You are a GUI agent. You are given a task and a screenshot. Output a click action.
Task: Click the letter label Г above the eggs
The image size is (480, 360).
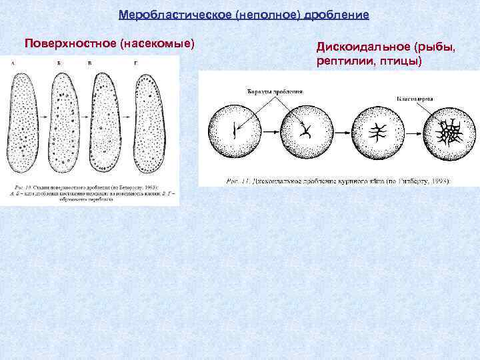(x=136, y=63)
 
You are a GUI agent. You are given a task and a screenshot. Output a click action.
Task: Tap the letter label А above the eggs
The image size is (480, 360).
(x=13, y=63)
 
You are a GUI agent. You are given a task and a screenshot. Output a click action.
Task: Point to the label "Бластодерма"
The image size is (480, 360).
(x=415, y=97)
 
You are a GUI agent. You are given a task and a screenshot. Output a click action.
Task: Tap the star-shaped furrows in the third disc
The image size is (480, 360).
(x=378, y=131)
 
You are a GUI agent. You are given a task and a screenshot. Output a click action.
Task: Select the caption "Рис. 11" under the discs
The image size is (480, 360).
(x=240, y=180)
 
